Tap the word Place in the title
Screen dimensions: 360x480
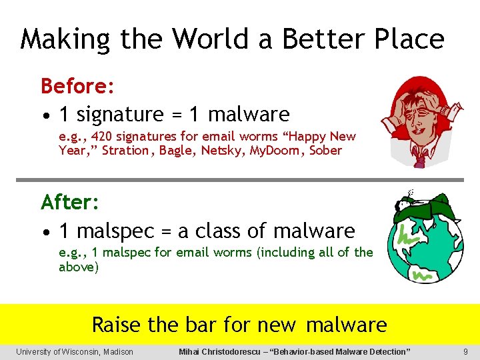coord(405,39)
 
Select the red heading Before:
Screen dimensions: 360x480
coord(78,86)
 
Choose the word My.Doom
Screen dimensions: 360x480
coord(276,151)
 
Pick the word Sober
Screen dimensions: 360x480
coord(325,151)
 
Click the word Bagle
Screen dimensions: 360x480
coord(179,151)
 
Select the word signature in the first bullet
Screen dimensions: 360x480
coord(120,115)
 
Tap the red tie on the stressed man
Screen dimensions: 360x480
coord(421,157)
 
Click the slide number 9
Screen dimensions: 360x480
coord(465,352)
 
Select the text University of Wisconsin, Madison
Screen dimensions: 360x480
coord(75,352)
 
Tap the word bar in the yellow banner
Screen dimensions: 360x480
coord(199,325)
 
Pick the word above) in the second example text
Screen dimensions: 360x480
coord(79,267)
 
